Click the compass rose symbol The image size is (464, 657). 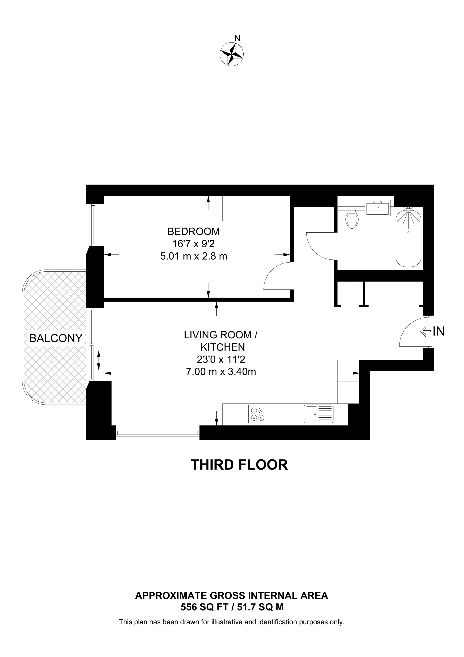pos(232,54)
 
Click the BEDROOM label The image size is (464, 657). pos(194,231)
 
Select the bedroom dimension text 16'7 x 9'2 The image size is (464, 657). pos(194,244)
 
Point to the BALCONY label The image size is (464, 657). pos(56,338)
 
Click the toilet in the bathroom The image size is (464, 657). pos(352,219)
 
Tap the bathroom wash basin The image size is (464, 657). pos(377,207)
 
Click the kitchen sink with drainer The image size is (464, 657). pos(318,414)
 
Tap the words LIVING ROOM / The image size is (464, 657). pos(221,335)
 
